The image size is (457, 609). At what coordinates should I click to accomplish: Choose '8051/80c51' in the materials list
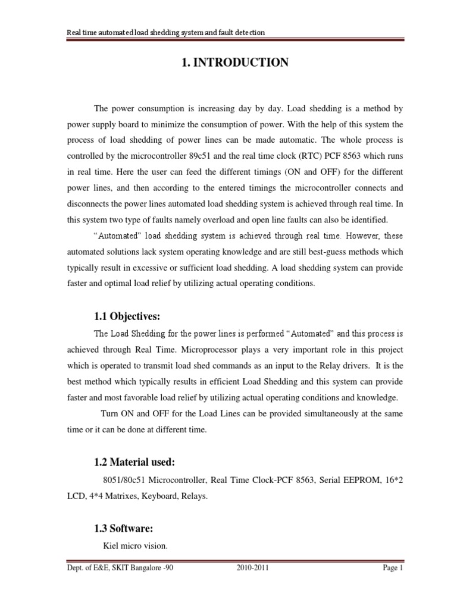(x=115, y=479)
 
